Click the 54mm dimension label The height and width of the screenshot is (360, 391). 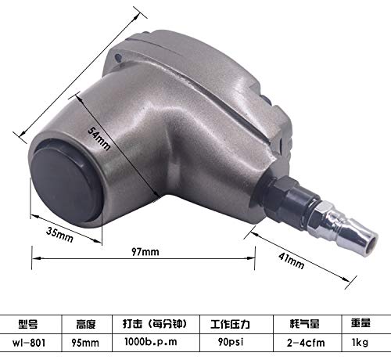(x=99, y=139)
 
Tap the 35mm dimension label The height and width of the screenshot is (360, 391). (x=59, y=235)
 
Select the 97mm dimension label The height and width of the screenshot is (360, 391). (x=145, y=252)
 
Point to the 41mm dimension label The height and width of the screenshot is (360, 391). (x=291, y=261)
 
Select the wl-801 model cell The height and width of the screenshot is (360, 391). (x=29, y=343)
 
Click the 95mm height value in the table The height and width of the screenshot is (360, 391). (x=85, y=343)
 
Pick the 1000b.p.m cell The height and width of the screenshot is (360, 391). (x=151, y=342)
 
